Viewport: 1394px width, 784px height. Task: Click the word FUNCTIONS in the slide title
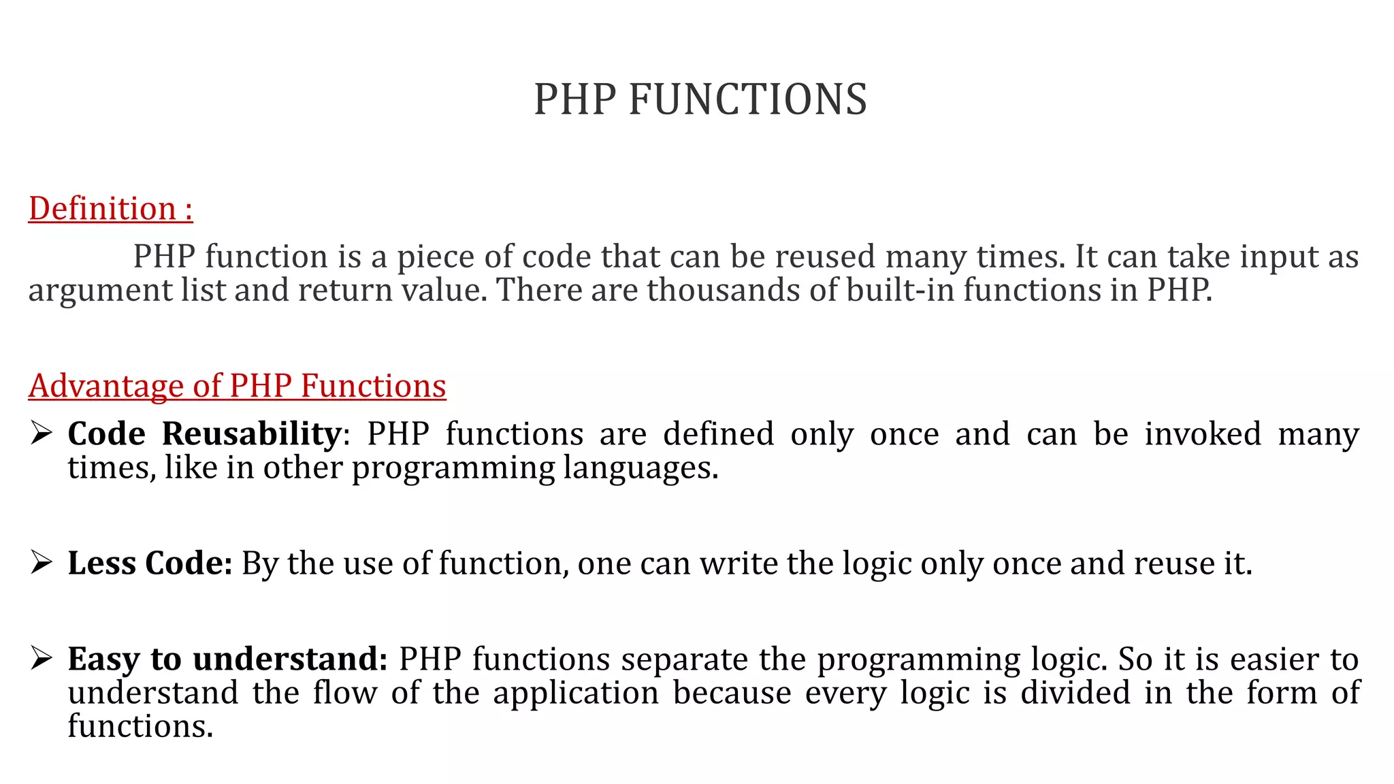click(747, 99)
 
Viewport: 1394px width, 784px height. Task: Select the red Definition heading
click(110, 208)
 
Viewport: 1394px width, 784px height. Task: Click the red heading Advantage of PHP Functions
click(237, 386)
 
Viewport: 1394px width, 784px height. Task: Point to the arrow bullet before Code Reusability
click(42, 433)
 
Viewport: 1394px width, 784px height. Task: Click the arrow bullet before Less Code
click(42, 562)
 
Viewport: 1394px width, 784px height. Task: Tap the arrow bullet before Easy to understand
click(42, 658)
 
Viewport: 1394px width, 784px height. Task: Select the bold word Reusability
click(251, 434)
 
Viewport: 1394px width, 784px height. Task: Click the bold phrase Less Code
click(150, 563)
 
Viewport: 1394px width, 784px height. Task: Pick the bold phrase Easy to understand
click(227, 659)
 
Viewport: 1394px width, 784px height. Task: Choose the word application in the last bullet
click(576, 693)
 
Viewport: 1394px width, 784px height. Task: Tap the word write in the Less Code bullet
click(739, 563)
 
